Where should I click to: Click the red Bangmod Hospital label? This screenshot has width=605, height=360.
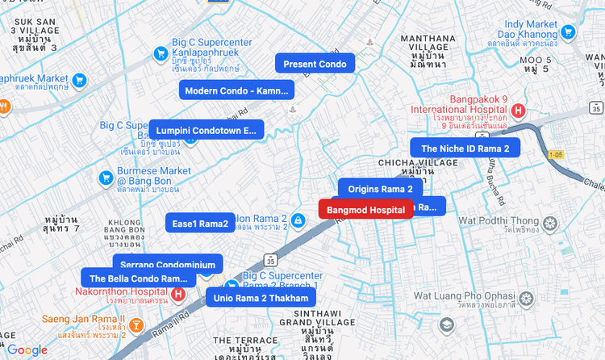(x=366, y=210)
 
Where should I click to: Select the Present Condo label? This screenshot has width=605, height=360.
(x=315, y=64)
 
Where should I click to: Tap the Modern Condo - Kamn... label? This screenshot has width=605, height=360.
(x=236, y=90)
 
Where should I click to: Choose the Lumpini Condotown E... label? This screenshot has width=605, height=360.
(x=206, y=130)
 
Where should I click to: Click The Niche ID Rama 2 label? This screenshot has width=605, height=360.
(x=465, y=148)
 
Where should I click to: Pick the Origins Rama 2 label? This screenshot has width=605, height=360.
(x=380, y=189)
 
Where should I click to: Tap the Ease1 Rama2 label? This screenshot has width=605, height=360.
(x=200, y=223)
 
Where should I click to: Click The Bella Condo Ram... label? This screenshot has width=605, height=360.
(x=138, y=278)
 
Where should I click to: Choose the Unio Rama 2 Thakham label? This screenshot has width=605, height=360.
(x=261, y=298)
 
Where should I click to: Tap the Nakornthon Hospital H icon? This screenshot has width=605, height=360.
(x=180, y=295)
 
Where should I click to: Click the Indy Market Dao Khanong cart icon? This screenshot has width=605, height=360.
(x=569, y=32)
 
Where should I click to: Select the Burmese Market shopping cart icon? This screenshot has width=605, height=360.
(x=105, y=178)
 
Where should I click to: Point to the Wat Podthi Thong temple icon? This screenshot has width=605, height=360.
(x=550, y=223)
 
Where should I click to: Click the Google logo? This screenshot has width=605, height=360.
(x=27, y=350)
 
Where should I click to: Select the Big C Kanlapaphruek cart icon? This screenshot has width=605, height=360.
(x=160, y=55)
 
